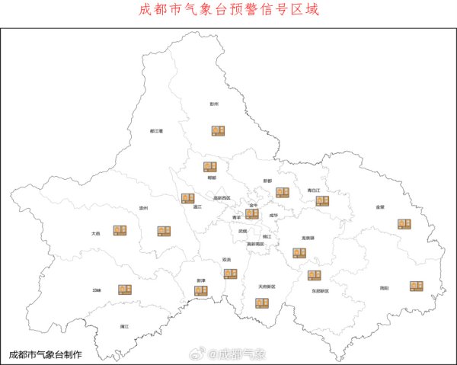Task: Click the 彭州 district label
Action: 214,104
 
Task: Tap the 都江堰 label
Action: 157,131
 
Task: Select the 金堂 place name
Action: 380,207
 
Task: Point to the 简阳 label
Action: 384,288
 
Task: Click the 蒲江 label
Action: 124,326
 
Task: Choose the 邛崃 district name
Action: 97,290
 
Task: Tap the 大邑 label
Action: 95,234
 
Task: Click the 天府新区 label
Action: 267,287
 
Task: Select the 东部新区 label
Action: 320,291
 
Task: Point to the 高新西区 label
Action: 222,197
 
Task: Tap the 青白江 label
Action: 314,190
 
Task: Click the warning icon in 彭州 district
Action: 219,130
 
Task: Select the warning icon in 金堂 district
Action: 404,224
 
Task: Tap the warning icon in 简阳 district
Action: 416,286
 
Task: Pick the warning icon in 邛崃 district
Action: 125,289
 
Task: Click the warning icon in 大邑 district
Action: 120,230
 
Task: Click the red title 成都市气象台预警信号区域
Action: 228,10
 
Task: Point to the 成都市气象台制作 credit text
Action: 45,354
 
